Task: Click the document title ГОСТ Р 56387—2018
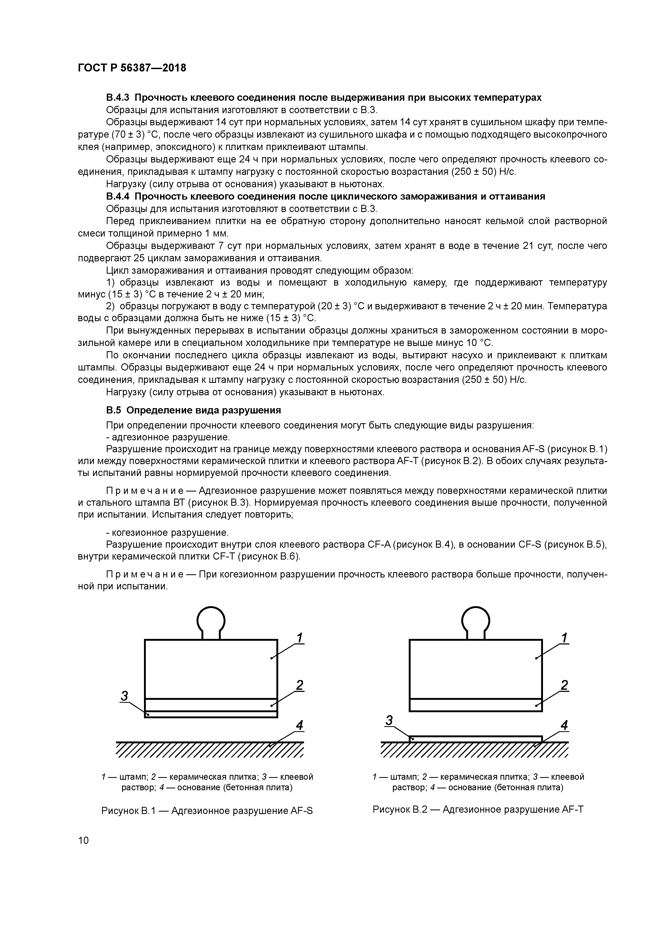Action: pyautogui.click(x=132, y=68)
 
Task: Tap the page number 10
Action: pyautogui.click(x=83, y=840)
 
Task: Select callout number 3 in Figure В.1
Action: pyautogui.click(x=124, y=696)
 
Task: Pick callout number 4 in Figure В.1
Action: pyautogui.click(x=299, y=725)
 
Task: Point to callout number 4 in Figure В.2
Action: pyautogui.click(x=564, y=725)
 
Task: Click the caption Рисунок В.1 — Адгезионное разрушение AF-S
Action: pyautogui.click(x=207, y=811)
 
